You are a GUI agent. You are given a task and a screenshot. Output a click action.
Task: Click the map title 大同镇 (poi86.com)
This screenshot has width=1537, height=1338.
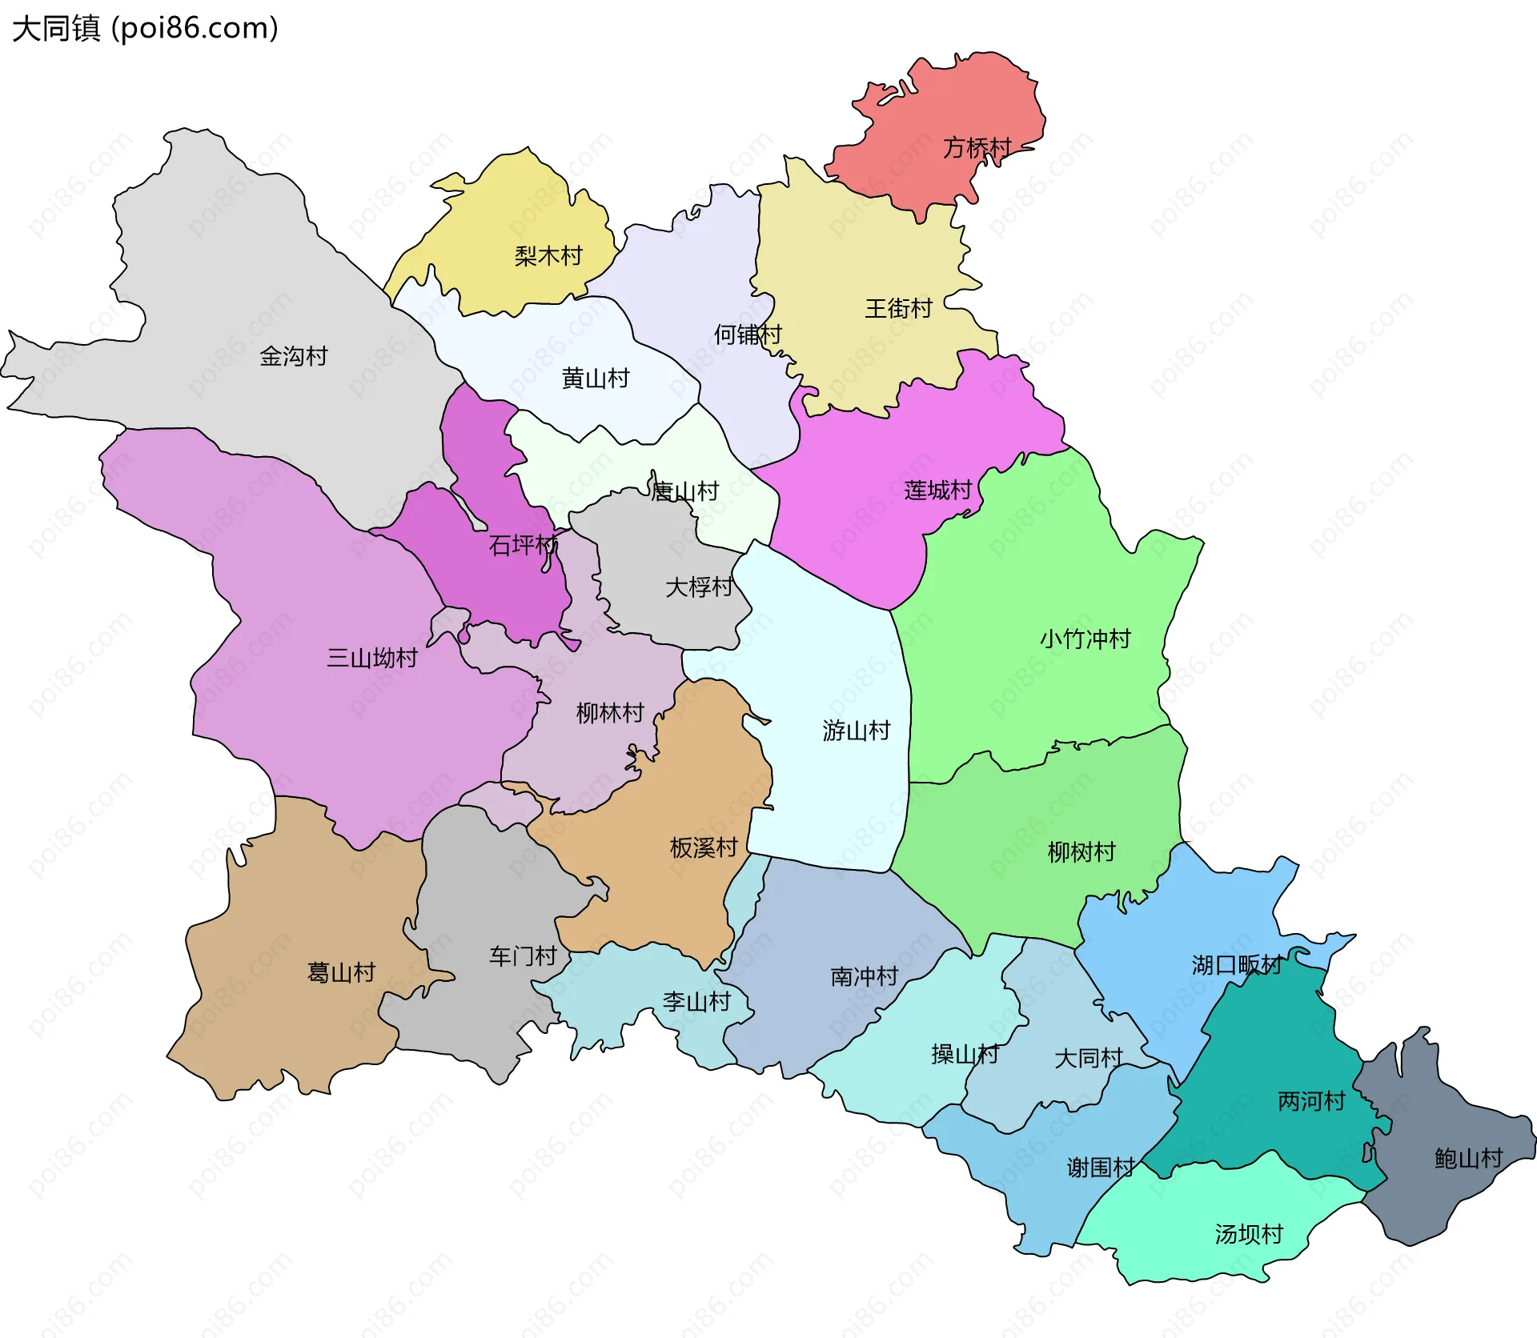click(x=145, y=28)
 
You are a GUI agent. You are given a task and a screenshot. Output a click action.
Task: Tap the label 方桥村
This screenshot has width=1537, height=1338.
click(x=977, y=148)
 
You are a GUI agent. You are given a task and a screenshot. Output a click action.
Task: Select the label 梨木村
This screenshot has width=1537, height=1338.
click(x=548, y=256)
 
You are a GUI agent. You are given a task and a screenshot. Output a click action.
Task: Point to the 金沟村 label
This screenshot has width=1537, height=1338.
click(x=294, y=356)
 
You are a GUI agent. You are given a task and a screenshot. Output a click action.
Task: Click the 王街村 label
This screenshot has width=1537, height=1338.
click(x=898, y=308)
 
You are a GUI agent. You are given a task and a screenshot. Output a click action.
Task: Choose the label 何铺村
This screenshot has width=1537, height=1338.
click(x=748, y=334)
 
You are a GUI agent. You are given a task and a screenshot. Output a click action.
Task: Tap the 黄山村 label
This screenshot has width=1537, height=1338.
click(x=596, y=378)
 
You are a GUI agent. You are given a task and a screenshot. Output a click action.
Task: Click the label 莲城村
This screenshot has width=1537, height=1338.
click(x=937, y=490)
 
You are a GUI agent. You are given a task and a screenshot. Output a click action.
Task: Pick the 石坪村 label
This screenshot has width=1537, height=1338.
click(x=523, y=545)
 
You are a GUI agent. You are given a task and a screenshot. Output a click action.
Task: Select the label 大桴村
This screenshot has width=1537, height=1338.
click(x=699, y=587)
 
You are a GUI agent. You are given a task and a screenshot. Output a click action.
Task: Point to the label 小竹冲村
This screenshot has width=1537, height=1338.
click(x=1085, y=639)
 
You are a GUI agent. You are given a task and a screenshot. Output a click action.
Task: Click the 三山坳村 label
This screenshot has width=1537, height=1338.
click(x=372, y=658)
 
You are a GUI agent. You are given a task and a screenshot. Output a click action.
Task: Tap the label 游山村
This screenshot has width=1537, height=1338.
click(x=856, y=730)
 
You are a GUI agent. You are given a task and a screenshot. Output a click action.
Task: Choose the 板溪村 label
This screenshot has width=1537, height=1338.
click(x=703, y=847)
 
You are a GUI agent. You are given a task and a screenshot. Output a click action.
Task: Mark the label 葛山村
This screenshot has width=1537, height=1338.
click(x=342, y=972)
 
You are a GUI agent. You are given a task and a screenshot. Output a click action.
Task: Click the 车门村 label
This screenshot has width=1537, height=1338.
click(x=523, y=955)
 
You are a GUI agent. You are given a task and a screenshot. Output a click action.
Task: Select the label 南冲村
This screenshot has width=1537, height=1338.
click(x=864, y=976)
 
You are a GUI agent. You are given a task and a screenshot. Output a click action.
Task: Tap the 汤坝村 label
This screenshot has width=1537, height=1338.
click(x=1248, y=1234)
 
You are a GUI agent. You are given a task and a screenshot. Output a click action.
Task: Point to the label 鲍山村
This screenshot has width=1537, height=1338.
click(x=1468, y=1158)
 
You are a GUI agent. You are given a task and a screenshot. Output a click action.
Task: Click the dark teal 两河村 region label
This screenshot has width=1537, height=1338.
click(x=1311, y=1101)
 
